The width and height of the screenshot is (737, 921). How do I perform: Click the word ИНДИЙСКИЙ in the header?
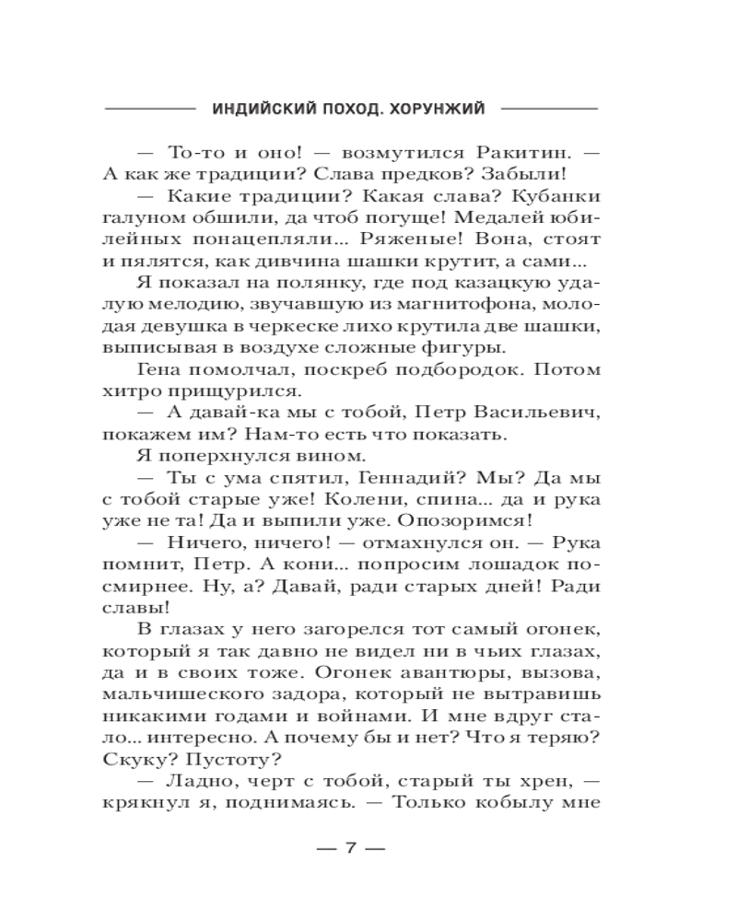259,107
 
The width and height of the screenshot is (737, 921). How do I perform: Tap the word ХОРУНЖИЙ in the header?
438,107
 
